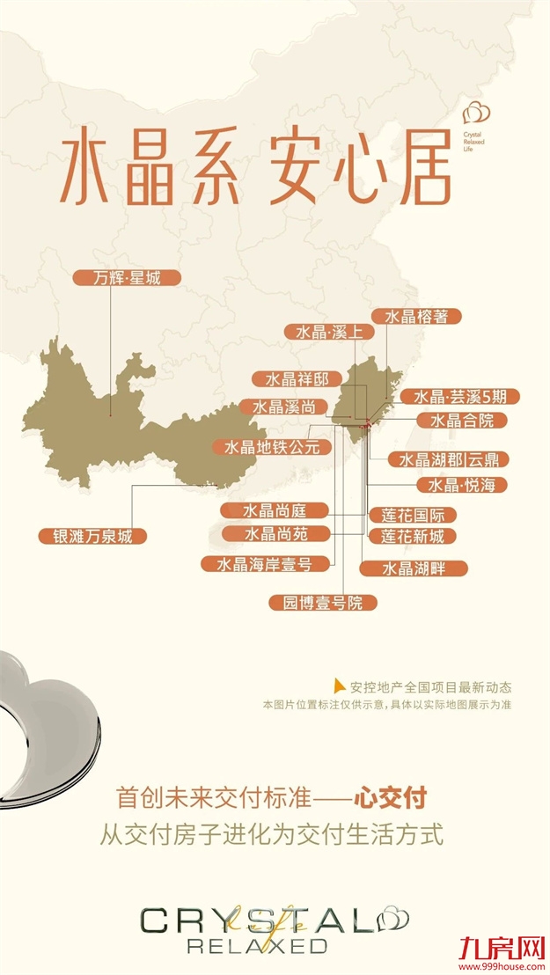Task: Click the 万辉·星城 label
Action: (x=127, y=278)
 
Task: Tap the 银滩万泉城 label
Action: (x=92, y=536)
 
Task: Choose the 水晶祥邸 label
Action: (x=290, y=379)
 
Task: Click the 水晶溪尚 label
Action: (x=282, y=407)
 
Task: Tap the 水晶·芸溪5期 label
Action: (x=459, y=397)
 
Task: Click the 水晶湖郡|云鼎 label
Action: (x=454, y=459)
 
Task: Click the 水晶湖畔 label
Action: (x=413, y=568)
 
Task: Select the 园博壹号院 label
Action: (x=316, y=603)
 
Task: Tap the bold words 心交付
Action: (x=390, y=798)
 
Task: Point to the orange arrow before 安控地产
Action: (x=340, y=686)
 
